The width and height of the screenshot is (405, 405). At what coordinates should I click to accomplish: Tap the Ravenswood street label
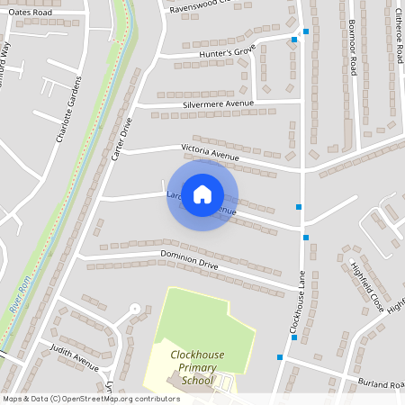204,8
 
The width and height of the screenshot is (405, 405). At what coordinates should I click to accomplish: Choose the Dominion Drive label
190,263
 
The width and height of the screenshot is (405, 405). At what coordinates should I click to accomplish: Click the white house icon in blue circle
202,194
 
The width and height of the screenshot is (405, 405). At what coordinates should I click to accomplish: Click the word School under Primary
198,381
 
